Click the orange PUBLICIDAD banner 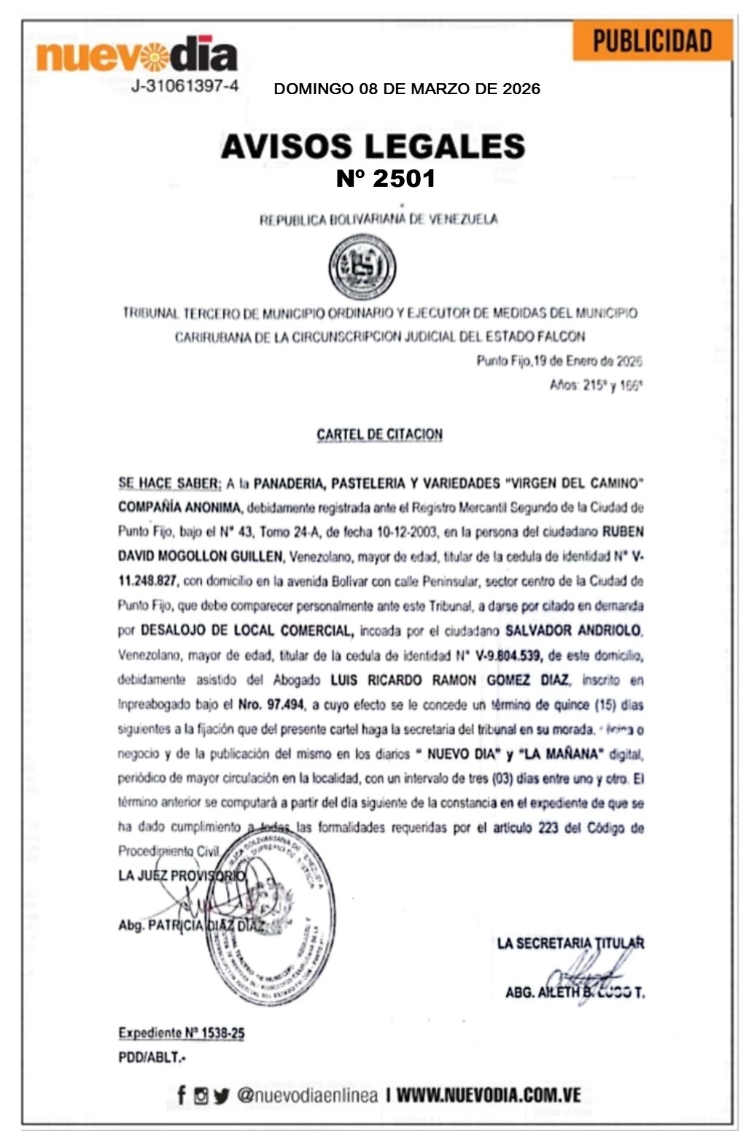[x=652, y=41]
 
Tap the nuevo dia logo [x=137, y=55]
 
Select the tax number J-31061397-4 [x=185, y=86]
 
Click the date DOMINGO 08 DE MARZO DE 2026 [x=407, y=89]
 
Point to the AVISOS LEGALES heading [x=373, y=146]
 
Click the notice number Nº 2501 [x=386, y=178]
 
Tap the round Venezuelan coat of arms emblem [x=362, y=266]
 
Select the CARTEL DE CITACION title [x=379, y=435]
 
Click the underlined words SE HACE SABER [x=169, y=483]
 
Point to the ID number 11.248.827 [x=147, y=581]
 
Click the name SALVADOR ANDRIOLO [x=573, y=630]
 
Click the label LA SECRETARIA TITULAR [x=570, y=943]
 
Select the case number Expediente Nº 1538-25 [x=182, y=1033]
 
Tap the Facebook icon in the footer [x=182, y=1095]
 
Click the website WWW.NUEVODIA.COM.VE [x=489, y=1095]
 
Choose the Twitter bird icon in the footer [x=222, y=1095]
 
